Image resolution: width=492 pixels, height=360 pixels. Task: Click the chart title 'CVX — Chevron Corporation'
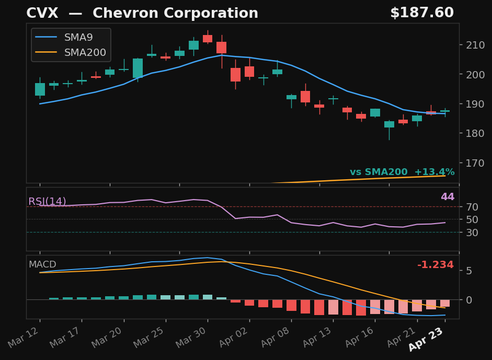142,14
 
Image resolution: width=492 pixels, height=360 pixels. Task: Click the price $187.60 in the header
421,14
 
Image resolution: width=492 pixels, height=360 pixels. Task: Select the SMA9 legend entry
78,38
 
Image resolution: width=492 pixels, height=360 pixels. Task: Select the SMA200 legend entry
85,53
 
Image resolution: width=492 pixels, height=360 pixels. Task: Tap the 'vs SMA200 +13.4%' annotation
402,172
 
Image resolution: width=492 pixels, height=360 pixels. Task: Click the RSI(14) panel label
47,202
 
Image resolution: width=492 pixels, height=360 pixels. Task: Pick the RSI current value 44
447,197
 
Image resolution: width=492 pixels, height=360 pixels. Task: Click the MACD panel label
42,265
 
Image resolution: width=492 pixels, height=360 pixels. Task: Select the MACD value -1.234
435,265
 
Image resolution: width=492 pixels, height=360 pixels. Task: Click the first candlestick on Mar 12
40,89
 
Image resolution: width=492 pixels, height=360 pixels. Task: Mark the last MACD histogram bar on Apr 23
445,303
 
